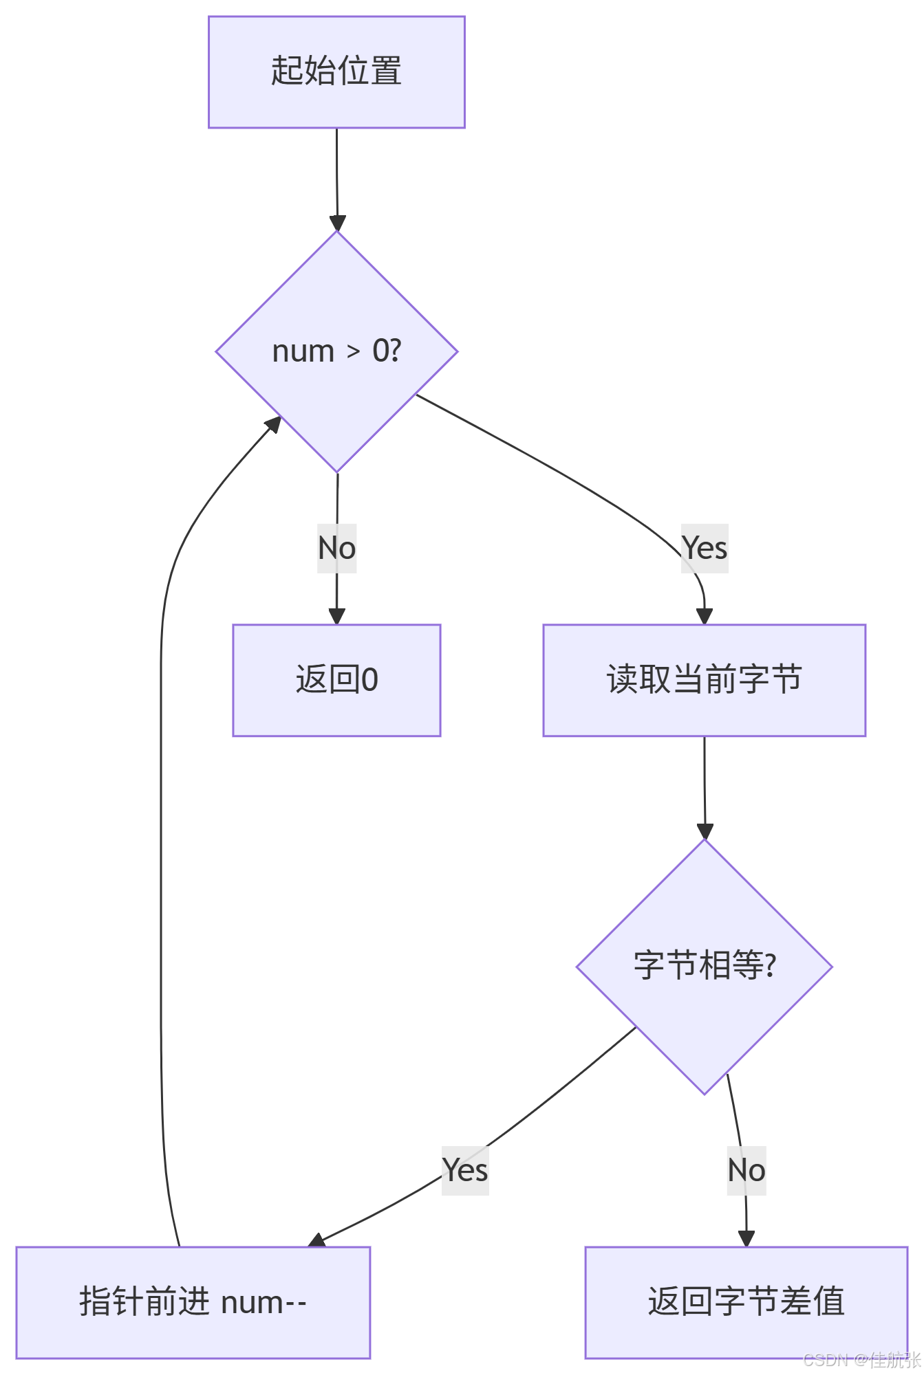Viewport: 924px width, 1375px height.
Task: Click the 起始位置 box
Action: coord(336,72)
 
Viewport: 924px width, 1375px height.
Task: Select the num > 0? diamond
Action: coord(336,351)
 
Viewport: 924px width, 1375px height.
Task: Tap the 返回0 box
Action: coord(336,680)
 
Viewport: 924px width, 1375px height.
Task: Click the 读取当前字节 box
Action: coord(704,680)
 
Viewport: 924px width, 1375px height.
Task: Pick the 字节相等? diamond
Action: coord(704,966)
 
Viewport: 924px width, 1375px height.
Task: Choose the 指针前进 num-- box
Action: coord(193,1302)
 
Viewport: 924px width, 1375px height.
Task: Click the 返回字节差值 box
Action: coord(746,1302)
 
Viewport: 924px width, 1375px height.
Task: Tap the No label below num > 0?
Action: coord(336,549)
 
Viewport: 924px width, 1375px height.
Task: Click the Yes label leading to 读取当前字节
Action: coord(705,549)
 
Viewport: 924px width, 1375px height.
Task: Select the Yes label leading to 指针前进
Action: coord(465,1170)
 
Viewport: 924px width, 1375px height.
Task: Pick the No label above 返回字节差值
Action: coord(746,1170)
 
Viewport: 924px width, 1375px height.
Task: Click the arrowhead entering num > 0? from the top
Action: coord(337,223)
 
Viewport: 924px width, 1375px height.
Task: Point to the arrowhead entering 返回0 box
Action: coord(336,616)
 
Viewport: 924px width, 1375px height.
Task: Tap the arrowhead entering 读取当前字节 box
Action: coord(705,616)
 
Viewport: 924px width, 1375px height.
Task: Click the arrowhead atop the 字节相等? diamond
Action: coord(705,831)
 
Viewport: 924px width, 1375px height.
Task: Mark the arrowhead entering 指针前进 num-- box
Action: coord(317,1240)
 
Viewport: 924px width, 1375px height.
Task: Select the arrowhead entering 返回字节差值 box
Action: coord(746,1238)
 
